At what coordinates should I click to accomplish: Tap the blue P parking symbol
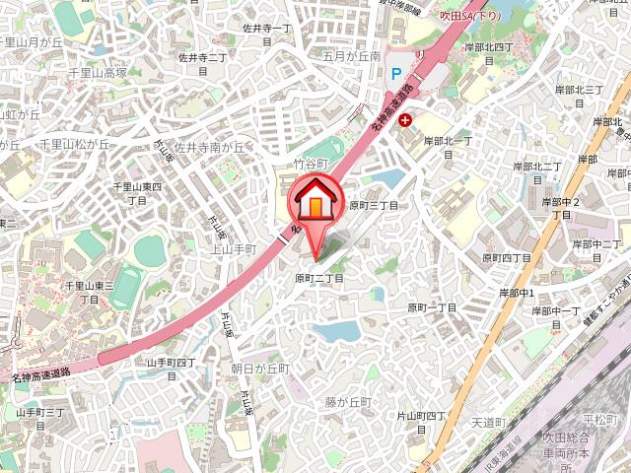tap(396, 74)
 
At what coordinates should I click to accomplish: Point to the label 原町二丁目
tap(318, 279)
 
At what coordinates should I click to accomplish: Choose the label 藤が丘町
tap(348, 402)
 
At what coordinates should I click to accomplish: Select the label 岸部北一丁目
tap(450, 141)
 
